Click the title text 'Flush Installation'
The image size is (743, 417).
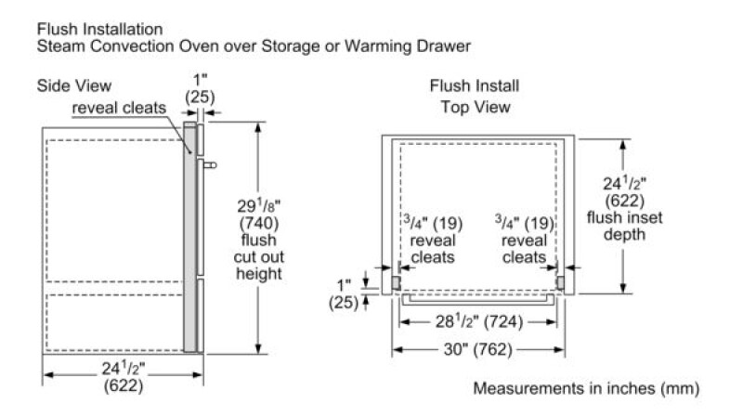[100, 30]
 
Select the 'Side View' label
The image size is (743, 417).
[74, 85]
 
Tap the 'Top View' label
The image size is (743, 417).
[476, 107]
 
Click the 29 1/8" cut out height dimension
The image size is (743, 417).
[259, 205]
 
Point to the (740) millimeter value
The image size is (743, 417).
[259, 223]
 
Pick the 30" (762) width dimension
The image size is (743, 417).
[477, 350]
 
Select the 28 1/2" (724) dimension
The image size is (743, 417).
[478, 322]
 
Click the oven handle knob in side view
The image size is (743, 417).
[210, 165]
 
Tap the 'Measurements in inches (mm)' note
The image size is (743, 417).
[586, 388]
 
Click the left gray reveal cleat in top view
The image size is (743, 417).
[396, 283]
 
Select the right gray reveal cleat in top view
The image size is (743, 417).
[560, 283]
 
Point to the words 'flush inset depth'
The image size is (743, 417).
[624, 226]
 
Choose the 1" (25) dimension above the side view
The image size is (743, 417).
[200, 88]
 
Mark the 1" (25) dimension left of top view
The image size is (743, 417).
[344, 293]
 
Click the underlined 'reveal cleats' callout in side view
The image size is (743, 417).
[119, 108]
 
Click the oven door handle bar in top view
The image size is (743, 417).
[477, 299]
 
